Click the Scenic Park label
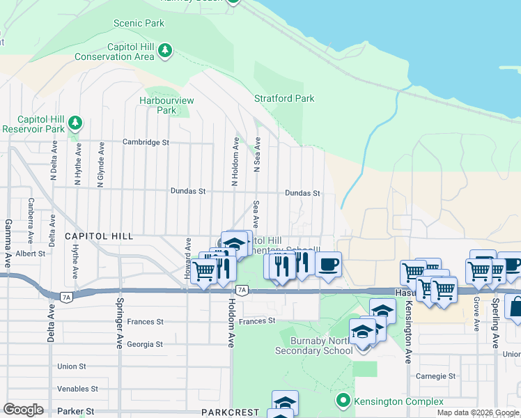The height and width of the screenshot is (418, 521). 139,23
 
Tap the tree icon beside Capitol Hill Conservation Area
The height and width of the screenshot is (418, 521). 164,50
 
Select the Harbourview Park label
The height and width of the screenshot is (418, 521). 166,105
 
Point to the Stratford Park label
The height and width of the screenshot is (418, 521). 284,98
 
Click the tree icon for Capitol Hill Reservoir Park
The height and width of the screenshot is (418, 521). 75,124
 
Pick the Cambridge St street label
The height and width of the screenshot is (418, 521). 146,142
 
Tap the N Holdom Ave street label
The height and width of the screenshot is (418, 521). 235,162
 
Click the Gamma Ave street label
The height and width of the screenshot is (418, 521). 8,238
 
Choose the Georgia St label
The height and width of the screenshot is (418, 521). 144,344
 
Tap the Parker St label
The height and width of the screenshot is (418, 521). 77,411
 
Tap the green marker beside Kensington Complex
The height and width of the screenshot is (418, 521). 342,401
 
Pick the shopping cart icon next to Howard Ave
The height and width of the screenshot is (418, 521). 203,270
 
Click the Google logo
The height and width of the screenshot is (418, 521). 23,410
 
